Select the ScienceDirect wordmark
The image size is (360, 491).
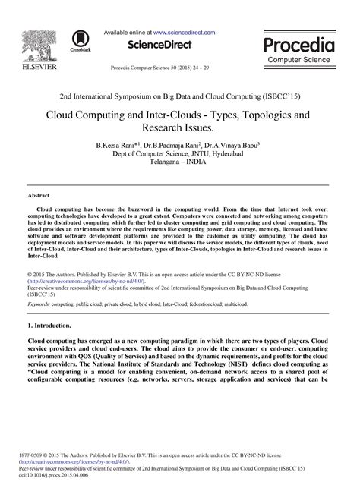tap(159, 45)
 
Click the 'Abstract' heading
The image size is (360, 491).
tap(39, 195)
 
